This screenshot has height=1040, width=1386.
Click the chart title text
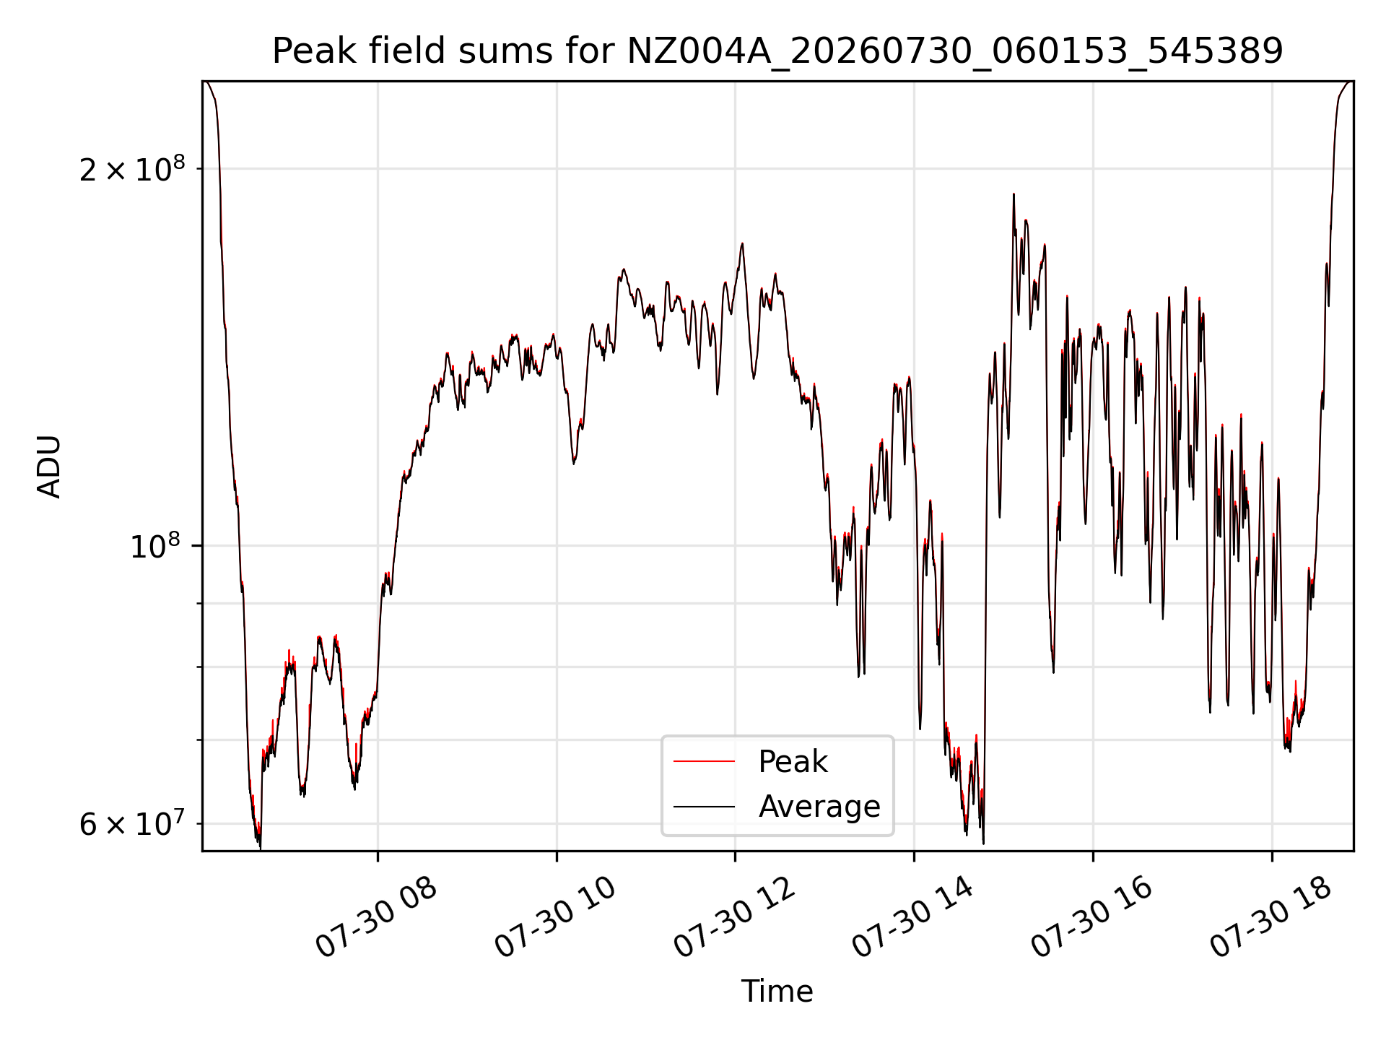(x=777, y=51)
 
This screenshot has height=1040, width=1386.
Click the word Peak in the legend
(x=793, y=762)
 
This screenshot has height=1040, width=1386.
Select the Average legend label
(x=819, y=806)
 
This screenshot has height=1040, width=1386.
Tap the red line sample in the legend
(x=704, y=762)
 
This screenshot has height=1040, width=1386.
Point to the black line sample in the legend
(x=704, y=807)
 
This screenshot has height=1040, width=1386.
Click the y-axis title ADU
(x=49, y=467)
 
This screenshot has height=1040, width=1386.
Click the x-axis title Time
(x=777, y=992)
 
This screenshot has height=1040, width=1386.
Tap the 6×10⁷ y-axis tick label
(x=132, y=823)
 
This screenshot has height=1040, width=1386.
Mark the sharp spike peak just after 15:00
(x=1014, y=194)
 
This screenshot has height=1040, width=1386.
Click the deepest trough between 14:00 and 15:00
(x=983, y=843)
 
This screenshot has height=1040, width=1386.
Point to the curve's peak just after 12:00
(x=742, y=243)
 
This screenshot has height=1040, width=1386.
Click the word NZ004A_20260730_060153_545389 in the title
(x=955, y=51)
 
